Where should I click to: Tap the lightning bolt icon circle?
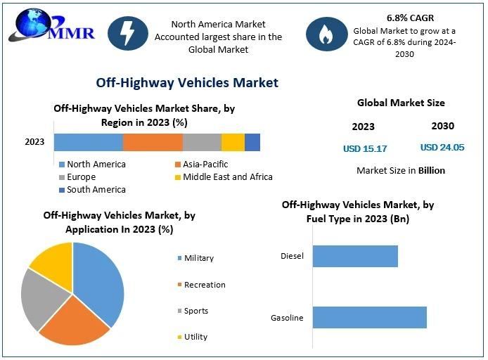coord(128,34)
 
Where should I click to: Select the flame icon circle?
coord(326,34)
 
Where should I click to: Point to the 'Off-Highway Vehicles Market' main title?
coord(187,83)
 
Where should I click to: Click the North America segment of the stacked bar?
coord(89,142)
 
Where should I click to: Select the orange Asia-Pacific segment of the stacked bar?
coord(153,142)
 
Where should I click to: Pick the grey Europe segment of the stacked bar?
coord(202,142)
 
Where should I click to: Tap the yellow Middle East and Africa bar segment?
coord(233,142)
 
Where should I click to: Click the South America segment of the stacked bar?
coord(252,142)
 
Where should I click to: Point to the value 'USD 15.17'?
coord(365,148)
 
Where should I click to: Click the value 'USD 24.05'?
coord(442,148)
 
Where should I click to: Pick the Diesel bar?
coord(355,256)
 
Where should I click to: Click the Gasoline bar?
coord(369,317)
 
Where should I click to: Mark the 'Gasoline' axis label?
coord(287,318)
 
